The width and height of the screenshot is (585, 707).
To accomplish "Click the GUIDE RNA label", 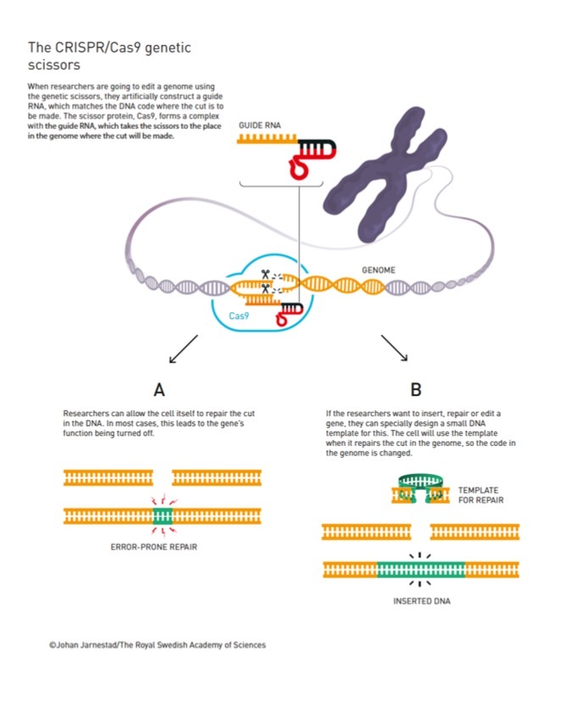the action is pyautogui.click(x=259, y=125).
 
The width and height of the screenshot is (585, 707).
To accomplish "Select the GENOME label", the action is pyautogui.click(x=378, y=270).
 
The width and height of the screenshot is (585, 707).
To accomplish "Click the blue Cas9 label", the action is pyautogui.click(x=238, y=315).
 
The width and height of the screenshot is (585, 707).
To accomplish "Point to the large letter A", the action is pyautogui.click(x=159, y=390).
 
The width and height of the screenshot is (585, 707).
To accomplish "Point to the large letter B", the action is pyautogui.click(x=416, y=390).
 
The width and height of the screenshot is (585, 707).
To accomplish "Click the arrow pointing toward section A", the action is pyautogui.click(x=183, y=349).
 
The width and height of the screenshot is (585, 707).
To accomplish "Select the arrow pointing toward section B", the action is pyautogui.click(x=394, y=348).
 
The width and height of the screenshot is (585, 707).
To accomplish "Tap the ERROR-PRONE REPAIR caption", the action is pyautogui.click(x=153, y=547).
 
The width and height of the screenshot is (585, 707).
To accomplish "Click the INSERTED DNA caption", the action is pyautogui.click(x=421, y=601).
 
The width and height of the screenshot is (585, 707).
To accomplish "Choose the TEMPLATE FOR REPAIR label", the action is pyautogui.click(x=481, y=495).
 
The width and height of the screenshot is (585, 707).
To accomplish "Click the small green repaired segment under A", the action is pyautogui.click(x=163, y=516).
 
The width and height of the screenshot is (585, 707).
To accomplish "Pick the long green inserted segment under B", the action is pyautogui.click(x=421, y=570).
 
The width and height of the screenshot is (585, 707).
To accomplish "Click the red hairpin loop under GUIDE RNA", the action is pyautogui.click(x=299, y=168).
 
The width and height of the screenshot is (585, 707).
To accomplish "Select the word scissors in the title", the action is pyautogui.click(x=54, y=65).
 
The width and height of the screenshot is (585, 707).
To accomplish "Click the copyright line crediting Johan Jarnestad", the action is pyautogui.click(x=158, y=645).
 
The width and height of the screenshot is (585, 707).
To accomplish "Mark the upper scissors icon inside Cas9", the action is pyautogui.click(x=265, y=274).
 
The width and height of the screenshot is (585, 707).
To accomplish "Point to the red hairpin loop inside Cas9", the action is pyautogui.click(x=281, y=320).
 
